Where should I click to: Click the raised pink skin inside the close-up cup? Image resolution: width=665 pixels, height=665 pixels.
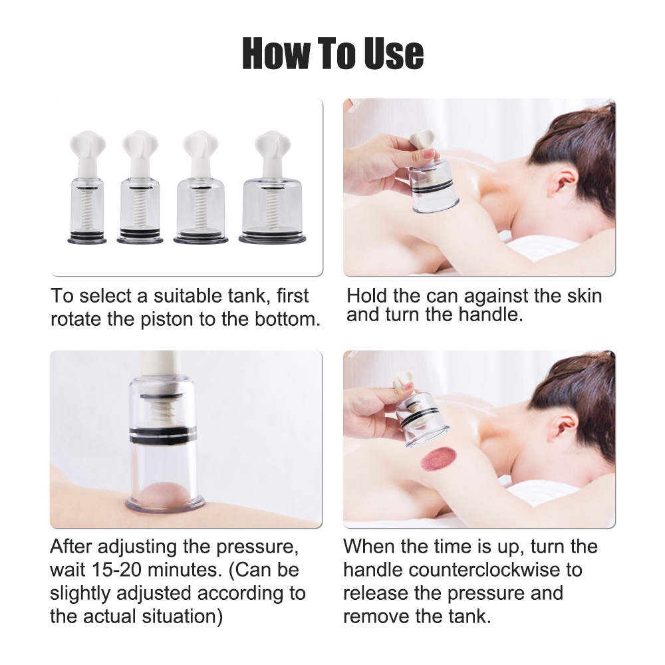click(x=164, y=496)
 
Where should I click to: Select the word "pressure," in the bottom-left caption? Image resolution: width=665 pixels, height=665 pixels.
click(x=257, y=547)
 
